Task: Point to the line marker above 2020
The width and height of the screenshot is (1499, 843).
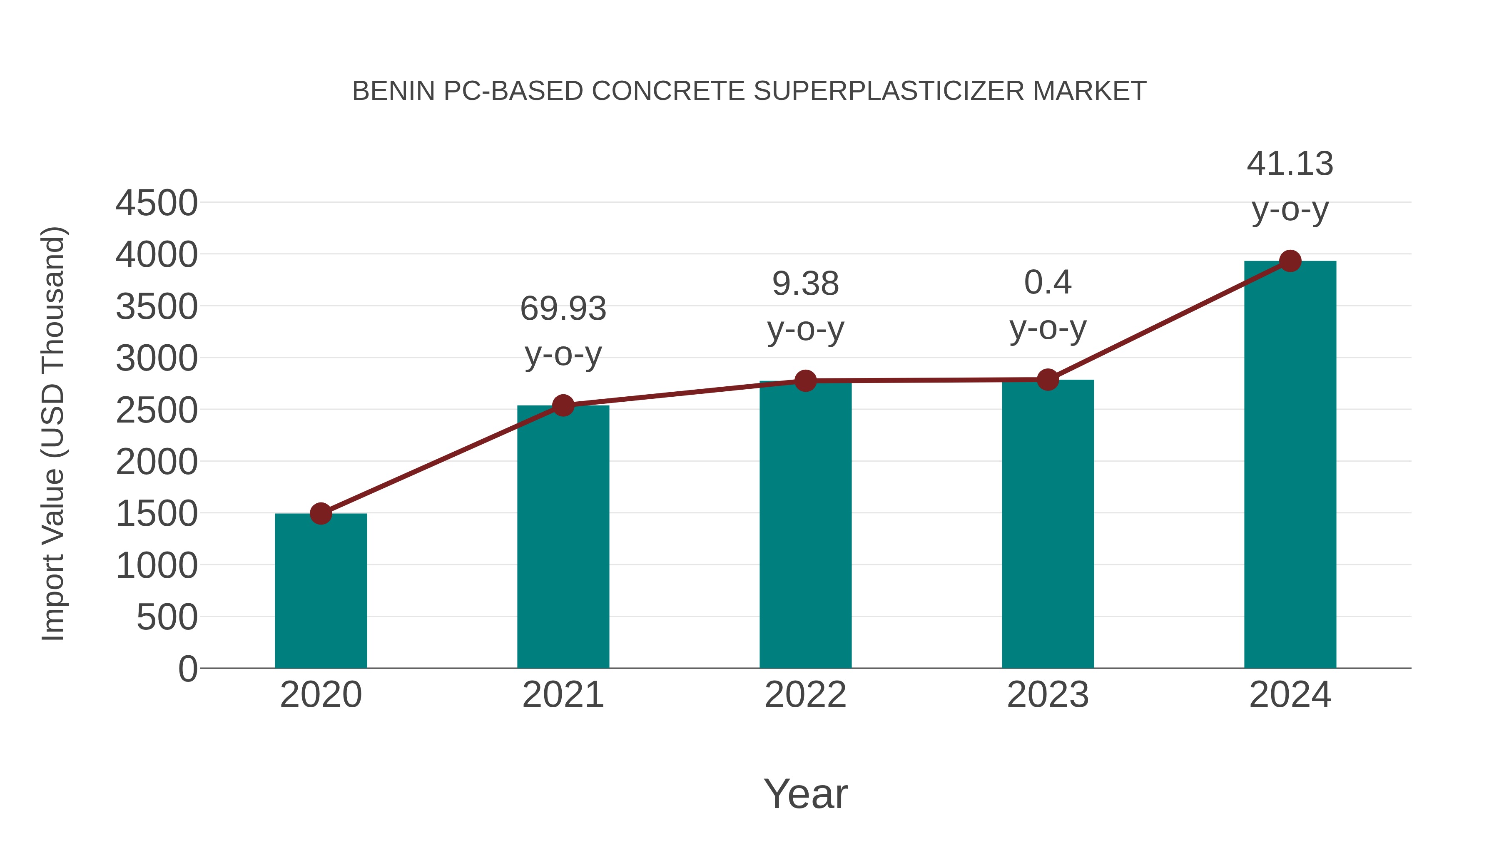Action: tap(321, 514)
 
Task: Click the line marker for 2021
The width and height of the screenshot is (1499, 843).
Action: tap(563, 405)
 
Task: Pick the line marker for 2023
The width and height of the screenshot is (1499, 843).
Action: tap(1048, 380)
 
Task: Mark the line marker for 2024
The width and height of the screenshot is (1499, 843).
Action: tap(1290, 261)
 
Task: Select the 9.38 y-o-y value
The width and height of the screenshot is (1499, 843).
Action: tap(805, 284)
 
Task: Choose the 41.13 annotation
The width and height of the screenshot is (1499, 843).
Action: tap(1290, 164)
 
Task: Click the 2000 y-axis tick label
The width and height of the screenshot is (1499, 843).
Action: tap(157, 463)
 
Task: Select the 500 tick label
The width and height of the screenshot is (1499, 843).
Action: tap(167, 617)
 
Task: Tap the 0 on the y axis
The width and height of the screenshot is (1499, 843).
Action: tap(188, 669)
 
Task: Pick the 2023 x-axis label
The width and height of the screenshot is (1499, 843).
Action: tap(1048, 695)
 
